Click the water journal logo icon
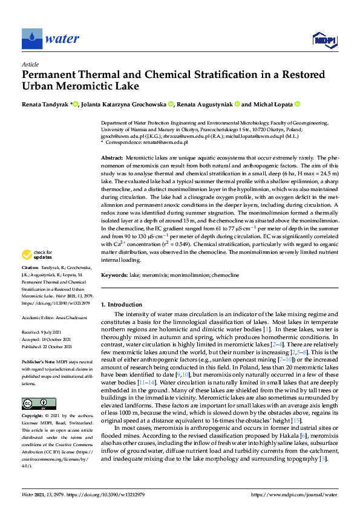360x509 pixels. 32,39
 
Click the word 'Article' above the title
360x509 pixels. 30,64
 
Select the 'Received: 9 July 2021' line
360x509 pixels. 43,332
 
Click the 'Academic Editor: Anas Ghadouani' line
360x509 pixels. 54,318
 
